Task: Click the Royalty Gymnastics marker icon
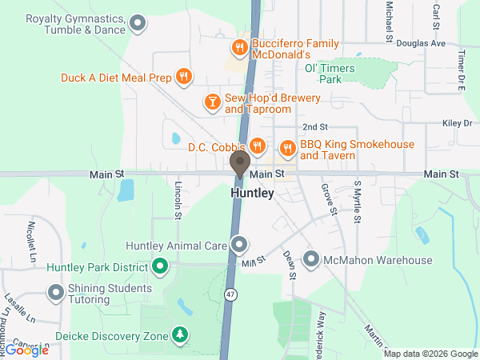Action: tap(138, 24)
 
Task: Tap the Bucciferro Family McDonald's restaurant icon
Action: tap(238, 46)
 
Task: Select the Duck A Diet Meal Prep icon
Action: tap(184, 78)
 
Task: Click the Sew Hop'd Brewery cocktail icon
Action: tap(212, 102)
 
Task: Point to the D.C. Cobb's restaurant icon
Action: tap(257, 146)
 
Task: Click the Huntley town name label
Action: tap(252, 194)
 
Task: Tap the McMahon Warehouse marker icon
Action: tap(310, 260)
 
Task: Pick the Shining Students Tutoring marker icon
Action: tap(55, 294)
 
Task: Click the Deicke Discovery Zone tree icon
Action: tap(182, 335)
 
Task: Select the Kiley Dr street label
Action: tap(458, 123)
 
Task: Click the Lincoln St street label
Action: tap(178, 201)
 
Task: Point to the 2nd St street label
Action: tap(315, 127)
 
